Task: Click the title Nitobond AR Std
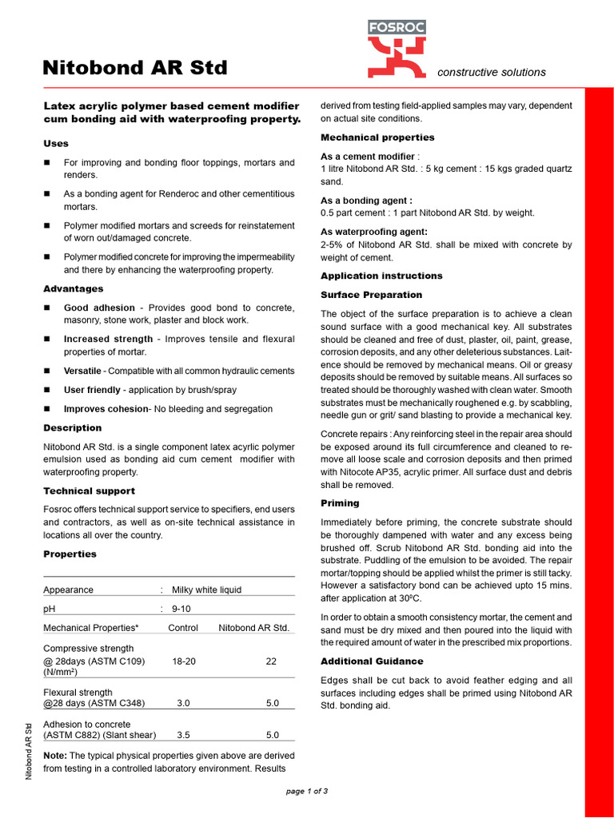[x=135, y=68]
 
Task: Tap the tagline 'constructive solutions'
[x=491, y=72]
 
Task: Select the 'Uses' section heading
[x=56, y=144]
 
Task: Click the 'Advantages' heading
[x=73, y=288]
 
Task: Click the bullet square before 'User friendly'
[x=47, y=391]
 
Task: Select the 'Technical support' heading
[x=89, y=491]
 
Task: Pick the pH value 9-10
[x=181, y=609]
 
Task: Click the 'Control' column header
[x=183, y=628]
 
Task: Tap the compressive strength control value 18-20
[x=184, y=661]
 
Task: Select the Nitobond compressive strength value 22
[x=272, y=661]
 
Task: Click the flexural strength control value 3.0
[x=183, y=704]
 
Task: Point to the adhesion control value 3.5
[x=183, y=735]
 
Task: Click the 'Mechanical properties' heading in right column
[x=377, y=137]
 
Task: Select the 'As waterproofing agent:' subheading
[x=374, y=232]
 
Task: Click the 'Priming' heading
[x=340, y=503]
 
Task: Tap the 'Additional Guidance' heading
[x=372, y=661]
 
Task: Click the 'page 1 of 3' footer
[x=307, y=791]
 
